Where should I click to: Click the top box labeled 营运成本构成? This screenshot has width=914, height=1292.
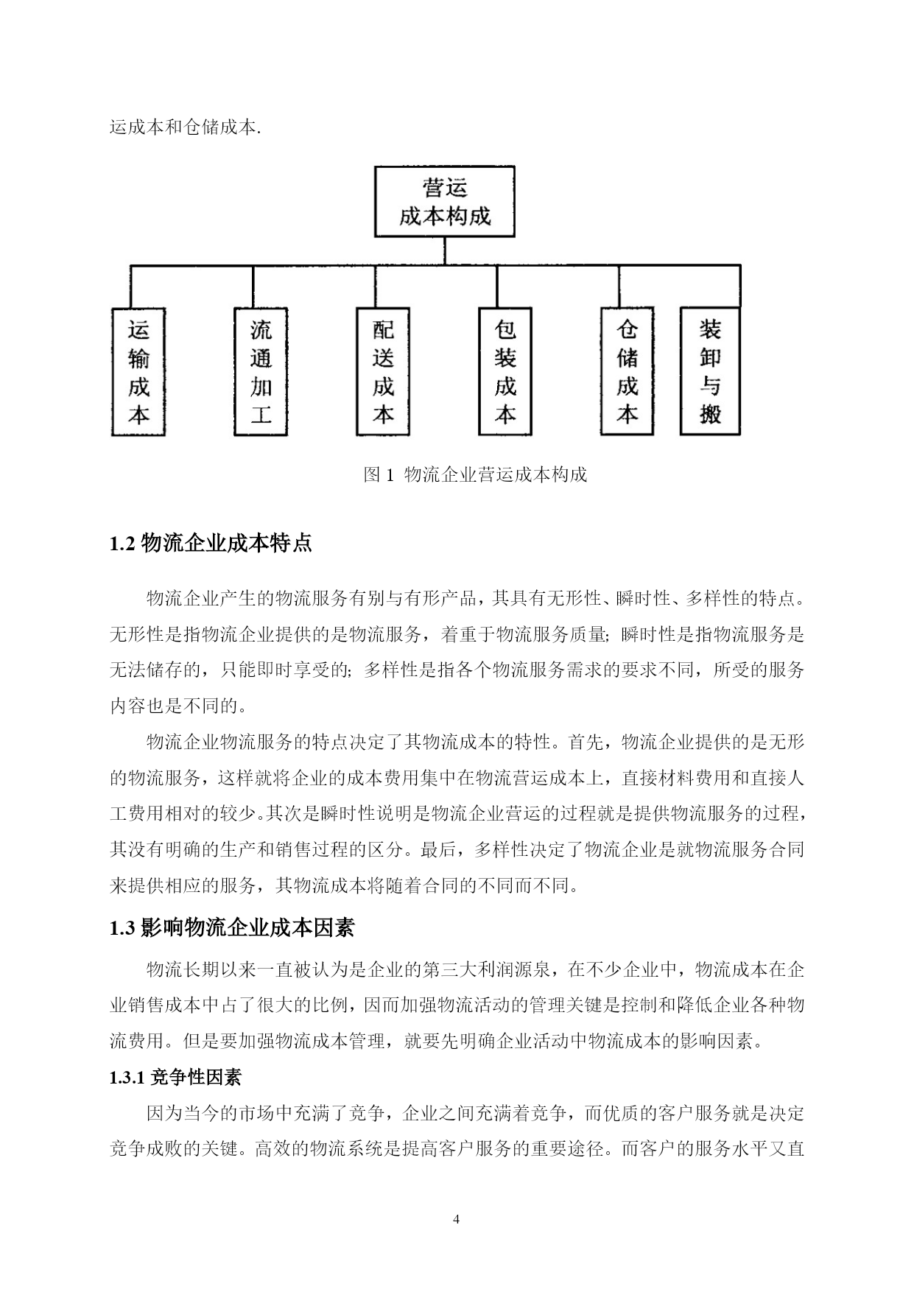pyautogui.click(x=444, y=201)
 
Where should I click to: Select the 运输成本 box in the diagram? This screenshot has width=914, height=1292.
pyautogui.click(x=138, y=372)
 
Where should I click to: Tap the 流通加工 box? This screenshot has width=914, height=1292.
pyautogui.click(x=261, y=372)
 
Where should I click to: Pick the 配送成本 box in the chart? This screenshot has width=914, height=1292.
pyautogui.click(x=383, y=372)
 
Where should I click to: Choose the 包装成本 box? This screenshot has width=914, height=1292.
pyautogui.click(x=505, y=372)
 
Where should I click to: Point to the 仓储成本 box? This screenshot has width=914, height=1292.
pyautogui.click(x=628, y=372)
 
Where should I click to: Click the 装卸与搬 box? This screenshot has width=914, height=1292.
pyautogui.click(x=710, y=372)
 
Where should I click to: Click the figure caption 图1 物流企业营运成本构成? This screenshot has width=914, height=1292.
pyautogui.click(x=475, y=474)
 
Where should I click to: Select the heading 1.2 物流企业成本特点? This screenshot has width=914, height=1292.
pyautogui.click(x=211, y=544)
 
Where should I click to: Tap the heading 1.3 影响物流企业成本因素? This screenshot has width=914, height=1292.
pyautogui.click(x=232, y=928)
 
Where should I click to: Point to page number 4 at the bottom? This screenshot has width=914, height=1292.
pyautogui.click(x=456, y=1219)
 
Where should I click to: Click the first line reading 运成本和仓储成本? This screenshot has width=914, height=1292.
pyautogui.click(x=185, y=127)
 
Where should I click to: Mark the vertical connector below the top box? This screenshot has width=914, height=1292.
pyautogui.click(x=444, y=250)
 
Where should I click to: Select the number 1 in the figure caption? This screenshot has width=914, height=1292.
pyautogui.click(x=390, y=474)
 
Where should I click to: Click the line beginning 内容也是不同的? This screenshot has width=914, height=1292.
pyautogui.click(x=178, y=706)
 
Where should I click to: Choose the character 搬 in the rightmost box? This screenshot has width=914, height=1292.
pyautogui.click(x=710, y=415)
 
